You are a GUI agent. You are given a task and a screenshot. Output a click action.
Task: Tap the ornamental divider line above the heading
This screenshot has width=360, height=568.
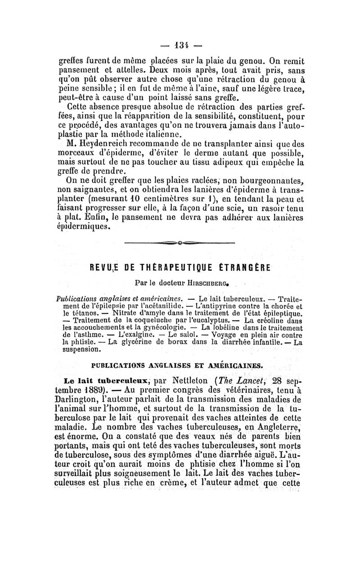[x=180, y=243]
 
